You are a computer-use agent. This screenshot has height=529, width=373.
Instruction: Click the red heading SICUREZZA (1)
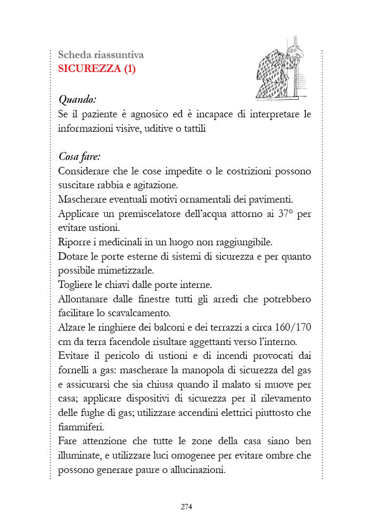pyautogui.click(x=97, y=69)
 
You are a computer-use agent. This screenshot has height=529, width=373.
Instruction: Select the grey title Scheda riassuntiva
pyautogui.click(x=100, y=54)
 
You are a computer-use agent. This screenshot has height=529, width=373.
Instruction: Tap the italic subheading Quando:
pyautogui.click(x=77, y=99)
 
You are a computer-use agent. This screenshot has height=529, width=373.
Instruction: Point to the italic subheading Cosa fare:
pyautogui.click(x=80, y=157)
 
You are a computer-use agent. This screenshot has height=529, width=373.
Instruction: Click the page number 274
pyautogui.click(x=186, y=507)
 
